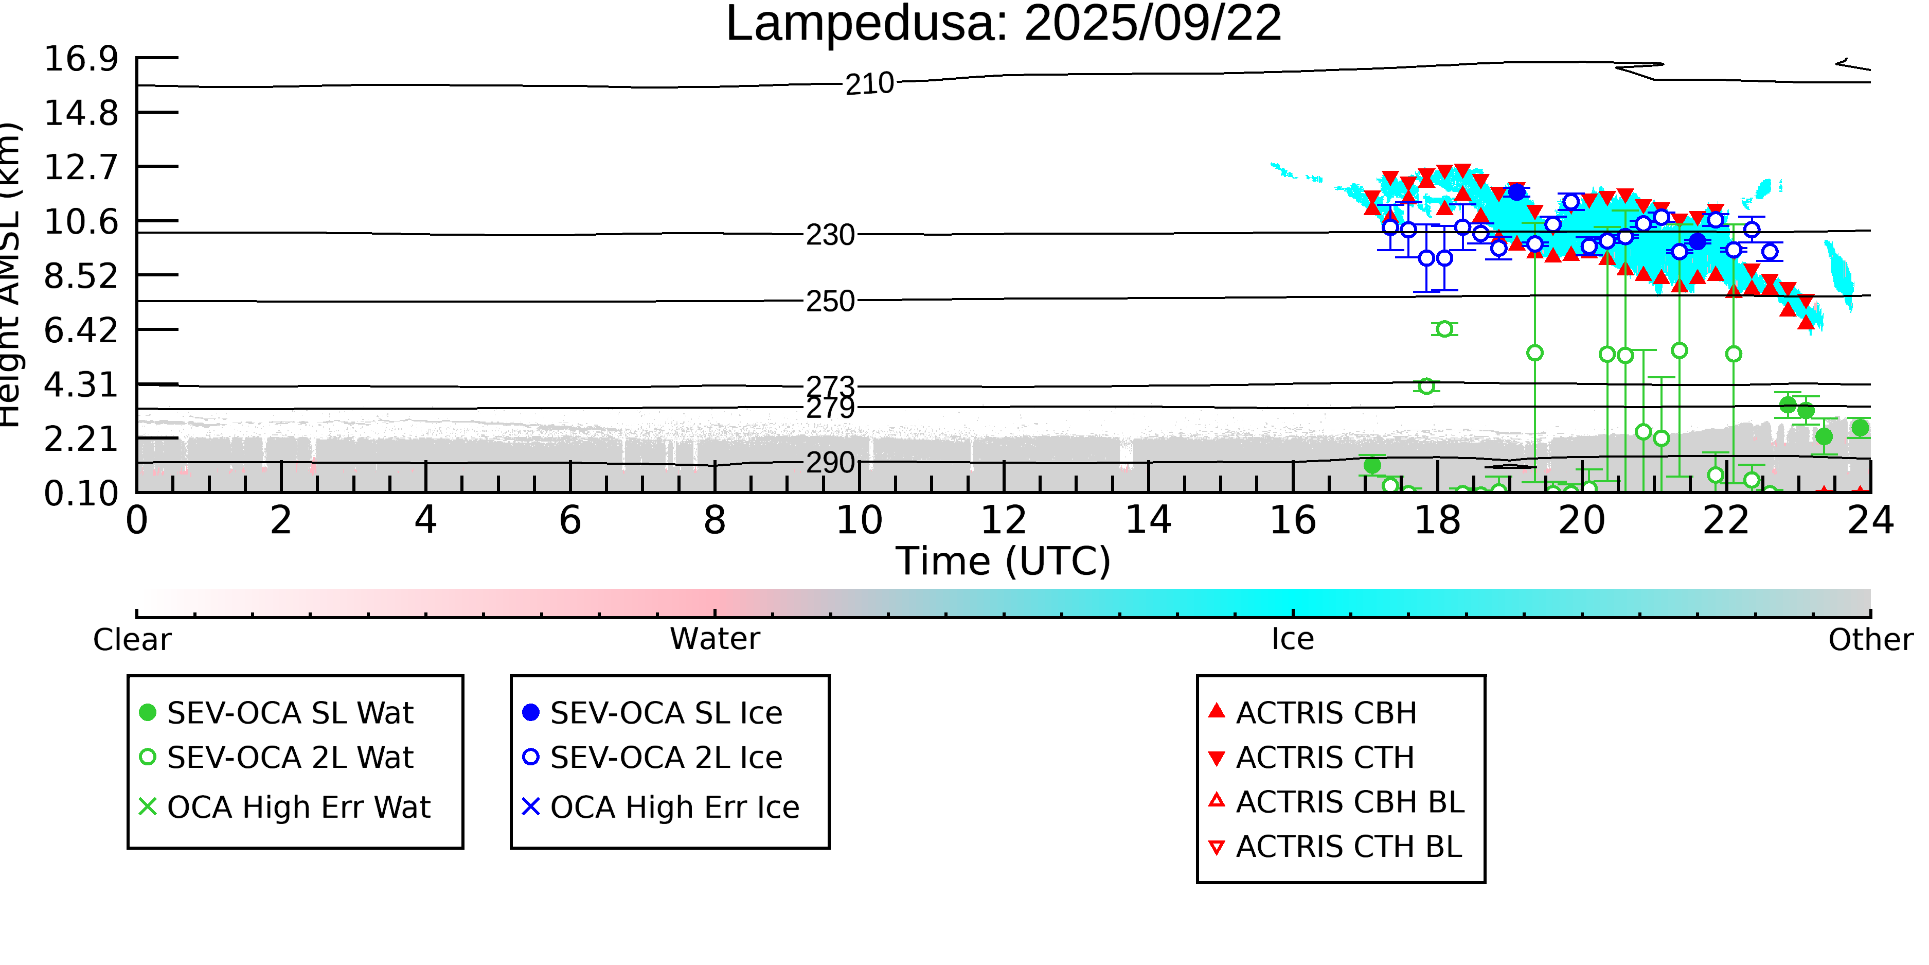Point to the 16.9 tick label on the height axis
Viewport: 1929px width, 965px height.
[81, 59]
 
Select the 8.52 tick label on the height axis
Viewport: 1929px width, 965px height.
[81, 276]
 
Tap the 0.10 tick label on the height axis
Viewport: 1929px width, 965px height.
[81, 493]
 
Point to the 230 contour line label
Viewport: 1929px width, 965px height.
[830, 235]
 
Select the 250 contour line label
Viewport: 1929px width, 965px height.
[830, 301]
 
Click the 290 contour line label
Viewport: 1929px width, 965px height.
[830, 463]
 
